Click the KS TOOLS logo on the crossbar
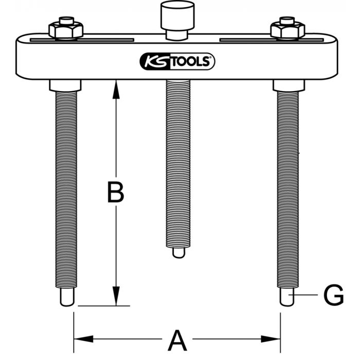click(177, 61)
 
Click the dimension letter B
click(116, 192)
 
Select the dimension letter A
click(177, 340)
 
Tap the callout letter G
click(333, 295)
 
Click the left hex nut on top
click(66, 30)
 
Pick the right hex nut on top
click(287, 30)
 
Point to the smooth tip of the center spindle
click(178, 253)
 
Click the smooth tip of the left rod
click(67, 297)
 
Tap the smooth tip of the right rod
click(287, 297)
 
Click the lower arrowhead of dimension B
click(116, 296)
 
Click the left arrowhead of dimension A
click(83, 339)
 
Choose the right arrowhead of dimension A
click(271, 339)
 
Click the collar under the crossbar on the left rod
click(65, 86)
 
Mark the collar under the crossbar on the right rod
click(289, 86)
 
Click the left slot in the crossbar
click(82, 40)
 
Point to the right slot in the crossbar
click(272, 40)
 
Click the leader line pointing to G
click(303, 295)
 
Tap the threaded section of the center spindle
click(178, 164)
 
